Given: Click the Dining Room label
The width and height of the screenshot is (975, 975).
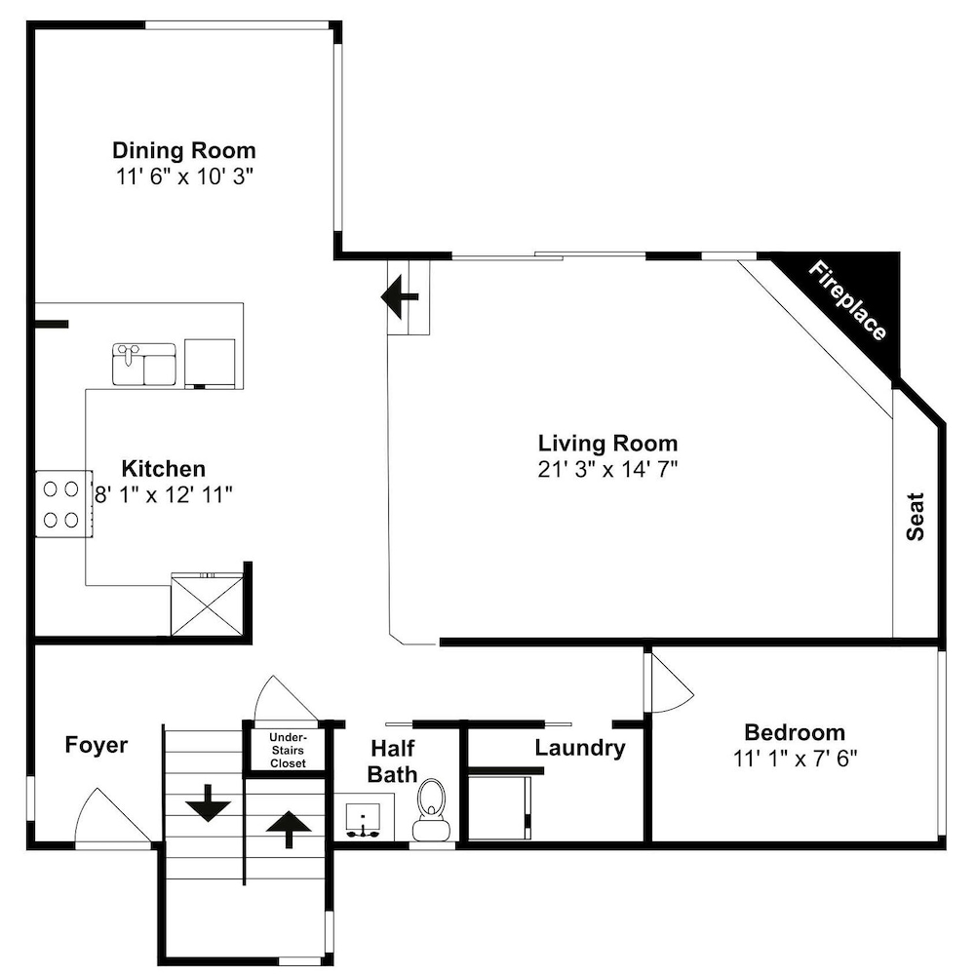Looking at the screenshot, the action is (184, 150).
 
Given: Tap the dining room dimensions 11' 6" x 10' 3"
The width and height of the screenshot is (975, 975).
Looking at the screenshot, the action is (184, 176).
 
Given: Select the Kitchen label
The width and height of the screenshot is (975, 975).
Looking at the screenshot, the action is (164, 468).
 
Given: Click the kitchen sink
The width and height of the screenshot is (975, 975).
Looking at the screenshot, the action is (144, 365).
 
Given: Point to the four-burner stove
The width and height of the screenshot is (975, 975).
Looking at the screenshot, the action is (63, 504).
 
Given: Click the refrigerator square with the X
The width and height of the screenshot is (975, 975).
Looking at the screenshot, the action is (207, 605).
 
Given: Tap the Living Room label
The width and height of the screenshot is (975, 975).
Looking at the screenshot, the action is (607, 444).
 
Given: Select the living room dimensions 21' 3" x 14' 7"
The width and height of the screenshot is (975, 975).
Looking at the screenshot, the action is (607, 469).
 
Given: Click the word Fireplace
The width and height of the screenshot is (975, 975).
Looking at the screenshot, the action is (847, 301).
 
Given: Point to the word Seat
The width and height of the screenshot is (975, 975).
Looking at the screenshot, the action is (916, 517).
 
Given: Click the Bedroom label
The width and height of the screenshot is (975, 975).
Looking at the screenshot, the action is (795, 732).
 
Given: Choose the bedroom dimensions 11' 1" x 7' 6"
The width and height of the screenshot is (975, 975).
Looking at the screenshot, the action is (796, 759).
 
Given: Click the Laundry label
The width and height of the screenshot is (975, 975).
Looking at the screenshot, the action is (580, 748).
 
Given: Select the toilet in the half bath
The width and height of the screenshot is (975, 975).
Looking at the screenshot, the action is (432, 809).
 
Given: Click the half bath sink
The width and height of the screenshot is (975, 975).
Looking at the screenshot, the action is (364, 821).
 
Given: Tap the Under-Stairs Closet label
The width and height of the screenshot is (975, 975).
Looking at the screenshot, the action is (288, 750).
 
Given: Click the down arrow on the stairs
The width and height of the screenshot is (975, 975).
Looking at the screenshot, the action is (208, 803).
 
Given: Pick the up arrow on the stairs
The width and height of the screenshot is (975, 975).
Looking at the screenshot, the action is (289, 830).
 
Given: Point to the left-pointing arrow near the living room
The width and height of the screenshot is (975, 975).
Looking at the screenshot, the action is (399, 297).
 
